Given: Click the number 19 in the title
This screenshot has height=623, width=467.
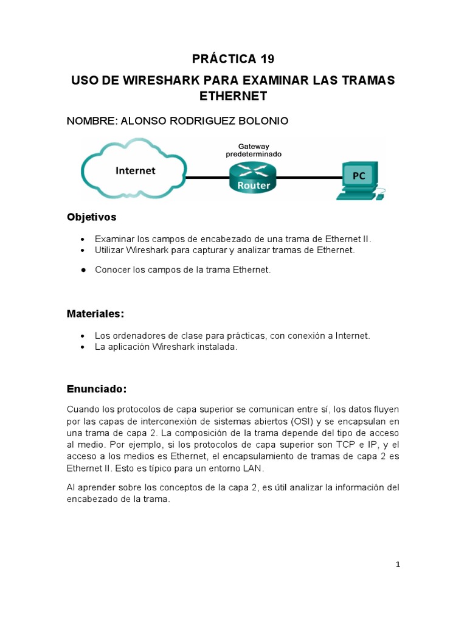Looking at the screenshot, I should click(x=265, y=59).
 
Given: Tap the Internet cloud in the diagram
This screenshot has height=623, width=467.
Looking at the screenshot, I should click(x=135, y=170).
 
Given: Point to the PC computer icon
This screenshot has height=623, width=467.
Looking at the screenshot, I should click(x=359, y=179).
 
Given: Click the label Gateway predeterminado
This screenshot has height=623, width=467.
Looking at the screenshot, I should click(x=254, y=151).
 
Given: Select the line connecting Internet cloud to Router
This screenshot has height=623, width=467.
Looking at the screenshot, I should click(x=207, y=178).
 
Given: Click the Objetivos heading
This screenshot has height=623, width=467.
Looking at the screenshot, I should click(x=91, y=217).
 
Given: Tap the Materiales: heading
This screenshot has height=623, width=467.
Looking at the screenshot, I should click(x=95, y=314).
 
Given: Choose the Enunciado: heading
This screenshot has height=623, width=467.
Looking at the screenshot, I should click(x=96, y=388).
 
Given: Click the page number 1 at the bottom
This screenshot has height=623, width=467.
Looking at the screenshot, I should click(x=398, y=565).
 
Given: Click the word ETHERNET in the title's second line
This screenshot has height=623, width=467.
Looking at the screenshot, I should click(x=233, y=97).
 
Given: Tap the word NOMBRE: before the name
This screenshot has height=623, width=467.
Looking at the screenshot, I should click(x=92, y=121).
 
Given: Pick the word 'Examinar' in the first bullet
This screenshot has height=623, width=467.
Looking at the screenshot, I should click(x=114, y=239).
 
